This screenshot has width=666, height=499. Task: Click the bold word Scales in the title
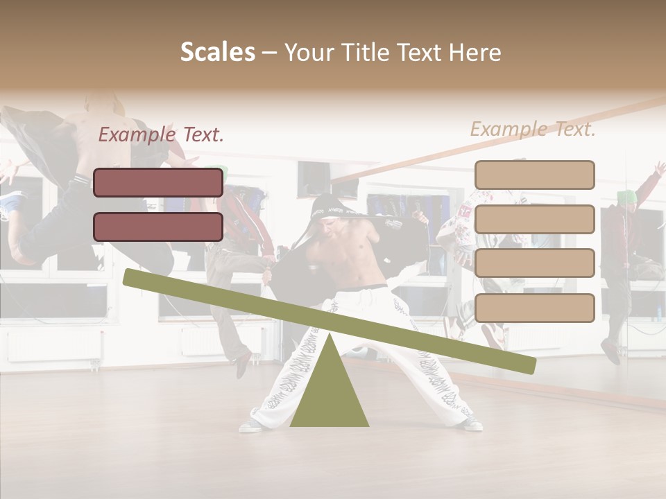pyautogui.click(x=217, y=52)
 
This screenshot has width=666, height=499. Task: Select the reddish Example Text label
pyautogui.click(x=161, y=134)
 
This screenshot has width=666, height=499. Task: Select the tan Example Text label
pyautogui.click(x=533, y=129)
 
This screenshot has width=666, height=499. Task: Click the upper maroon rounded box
pyautogui.click(x=158, y=182)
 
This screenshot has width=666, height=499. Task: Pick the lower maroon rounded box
pyautogui.click(x=158, y=227)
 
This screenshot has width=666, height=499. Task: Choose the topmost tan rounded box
pyautogui.click(x=534, y=175)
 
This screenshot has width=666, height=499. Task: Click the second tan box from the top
pyautogui.click(x=534, y=219)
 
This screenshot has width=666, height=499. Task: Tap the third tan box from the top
pyautogui.click(x=534, y=263)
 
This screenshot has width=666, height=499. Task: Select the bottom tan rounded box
pyautogui.click(x=534, y=308)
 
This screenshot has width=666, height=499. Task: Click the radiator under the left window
pyautogui.click(x=54, y=344)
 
